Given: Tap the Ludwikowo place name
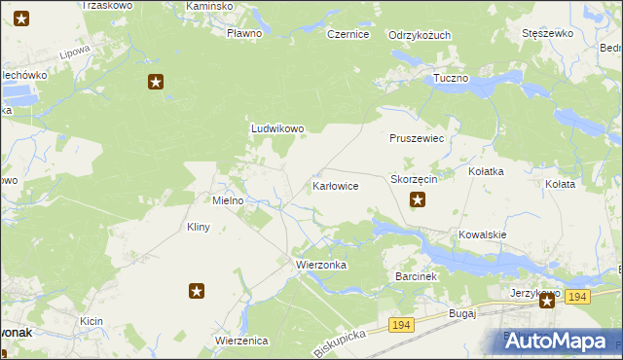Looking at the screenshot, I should coord(278,128).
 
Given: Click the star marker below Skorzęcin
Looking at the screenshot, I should coord(418,200).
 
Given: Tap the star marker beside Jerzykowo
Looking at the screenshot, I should coord(548,301).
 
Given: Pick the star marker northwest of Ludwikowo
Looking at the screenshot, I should coord(155,83).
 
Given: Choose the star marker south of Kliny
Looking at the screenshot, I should coord(197,290).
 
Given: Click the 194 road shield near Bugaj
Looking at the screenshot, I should coord(400,323).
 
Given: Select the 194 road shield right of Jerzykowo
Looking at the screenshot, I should coord(577,296).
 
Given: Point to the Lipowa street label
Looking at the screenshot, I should coord(74,52).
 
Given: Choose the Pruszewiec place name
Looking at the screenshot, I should coord(417,139).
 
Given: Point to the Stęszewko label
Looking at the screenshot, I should coord(547,33).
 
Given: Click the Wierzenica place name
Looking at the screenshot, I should coord(241,341).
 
